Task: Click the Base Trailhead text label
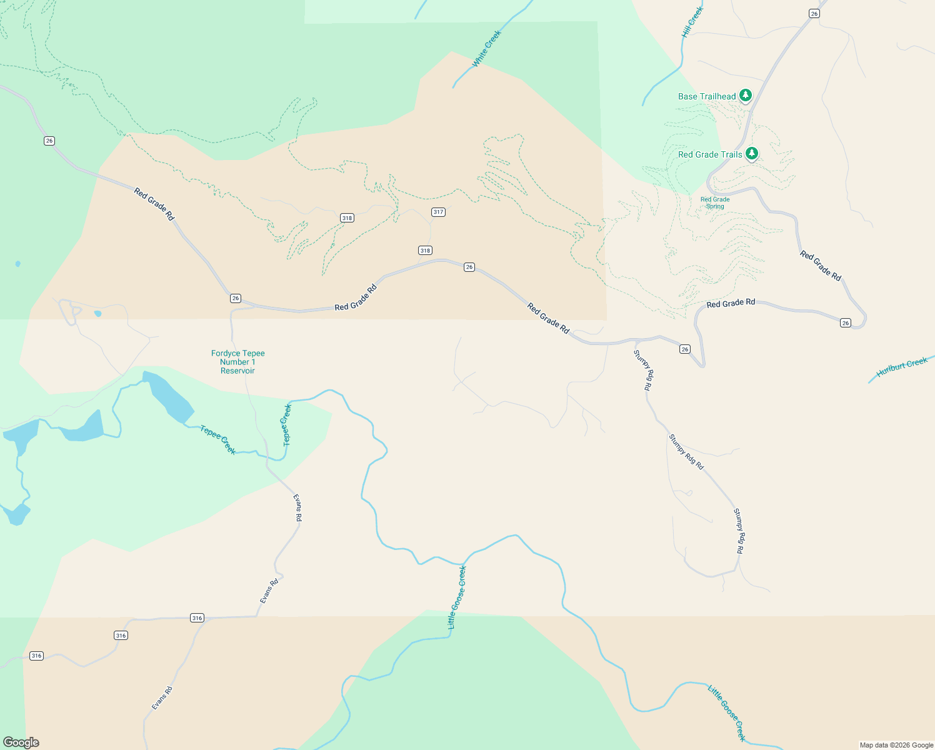tap(707, 96)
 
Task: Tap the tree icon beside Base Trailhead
tap(745, 95)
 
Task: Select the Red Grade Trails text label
tap(710, 154)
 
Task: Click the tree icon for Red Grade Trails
tap(752, 153)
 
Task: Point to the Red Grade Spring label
tap(715, 203)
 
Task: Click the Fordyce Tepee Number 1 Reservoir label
tap(237, 362)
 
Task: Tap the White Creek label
tap(486, 49)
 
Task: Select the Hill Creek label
tap(692, 22)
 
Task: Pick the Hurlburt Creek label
tap(901, 367)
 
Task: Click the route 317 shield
tap(438, 212)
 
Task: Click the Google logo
tap(21, 742)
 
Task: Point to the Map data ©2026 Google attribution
tap(896, 745)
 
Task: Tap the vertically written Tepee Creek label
tap(287, 425)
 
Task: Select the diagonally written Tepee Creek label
tap(218, 439)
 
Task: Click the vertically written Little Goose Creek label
tap(457, 597)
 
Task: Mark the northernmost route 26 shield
tap(814, 13)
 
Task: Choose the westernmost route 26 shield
tap(49, 141)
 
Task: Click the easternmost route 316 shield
tap(197, 617)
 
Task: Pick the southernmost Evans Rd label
tap(162, 698)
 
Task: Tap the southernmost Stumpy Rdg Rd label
tap(739, 531)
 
